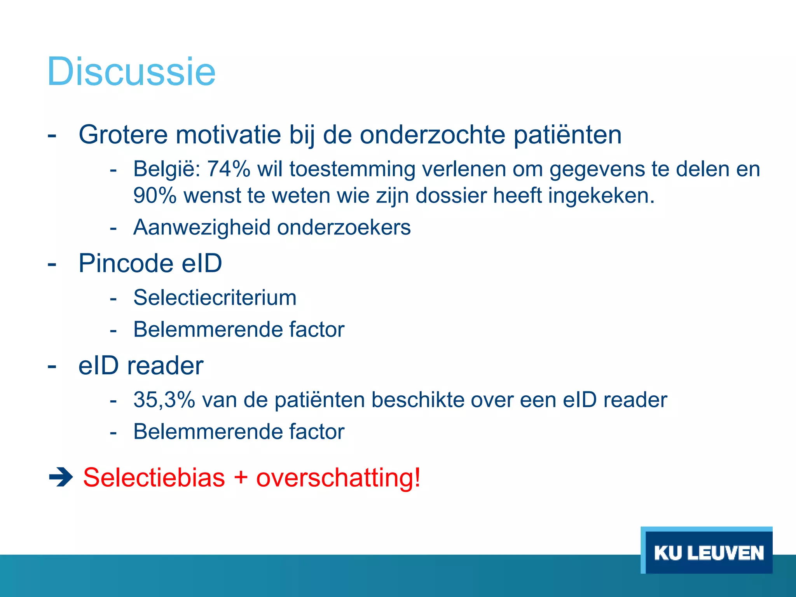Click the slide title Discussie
point(131,72)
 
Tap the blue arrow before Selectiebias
point(61,478)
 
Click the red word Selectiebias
point(154,477)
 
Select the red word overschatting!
point(338,477)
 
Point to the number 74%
point(229,169)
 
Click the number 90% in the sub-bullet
point(155,195)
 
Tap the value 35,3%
point(164,400)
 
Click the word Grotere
point(123,135)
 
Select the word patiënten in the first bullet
point(567,135)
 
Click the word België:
point(167,169)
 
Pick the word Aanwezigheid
point(202,227)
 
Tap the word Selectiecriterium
point(215,298)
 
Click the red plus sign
point(241,478)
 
